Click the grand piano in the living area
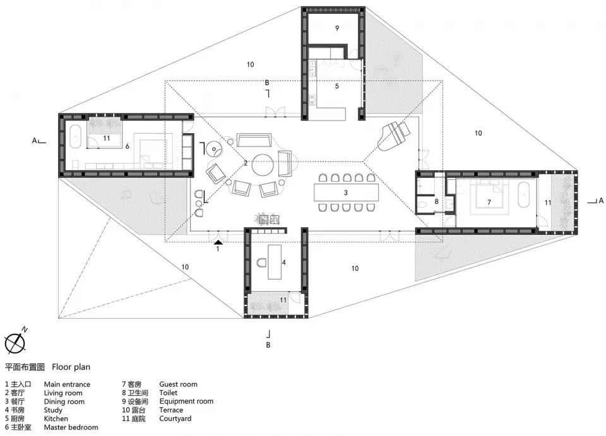pyautogui.click(x=393, y=136)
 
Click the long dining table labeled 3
pyautogui.click(x=346, y=192)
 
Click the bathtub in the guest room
pyautogui.click(x=524, y=194)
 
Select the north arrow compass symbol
pyautogui.click(x=15, y=342)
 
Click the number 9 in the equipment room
pyautogui.click(x=337, y=28)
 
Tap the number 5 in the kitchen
pyautogui.click(x=336, y=86)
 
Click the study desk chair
pyautogui.click(x=262, y=263)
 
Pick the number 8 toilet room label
pyautogui.click(x=436, y=201)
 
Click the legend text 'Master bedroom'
pyautogui.click(x=71, y=428)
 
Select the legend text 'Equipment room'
pyautogui.click(x=186, y=401)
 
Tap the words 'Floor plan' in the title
pyautogui.click(x=71, y=367)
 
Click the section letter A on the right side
pyautogui.click(x=600, y=201)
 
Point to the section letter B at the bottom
pyautogui.click(x=268, y=345)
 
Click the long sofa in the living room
pyautogui.click(x=254, y=140)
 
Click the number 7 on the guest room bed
pyautogui.click(x=489, y=202)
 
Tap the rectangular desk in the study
pyautogui.click(x=275, y=261)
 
